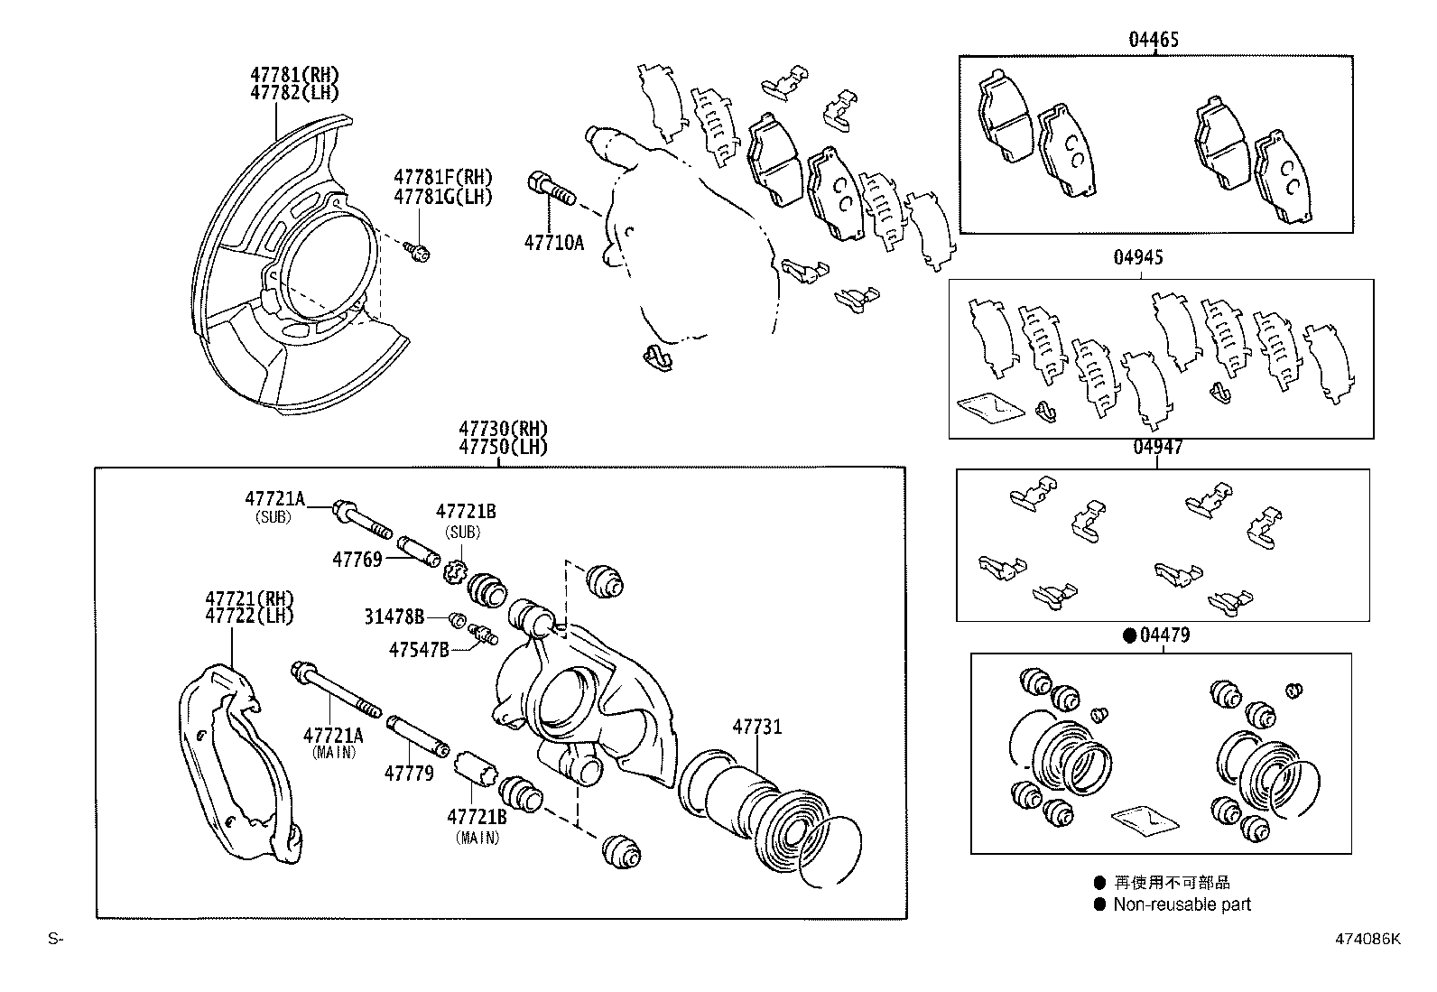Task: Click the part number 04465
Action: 1153,40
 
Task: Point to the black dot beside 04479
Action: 1128,635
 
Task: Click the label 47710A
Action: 553,242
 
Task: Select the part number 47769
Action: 357,560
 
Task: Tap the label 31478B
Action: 394,617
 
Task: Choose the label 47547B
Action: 419,649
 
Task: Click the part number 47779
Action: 408,774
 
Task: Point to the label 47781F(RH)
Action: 442,178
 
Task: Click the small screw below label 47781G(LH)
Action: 417,251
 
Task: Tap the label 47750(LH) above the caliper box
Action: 502,447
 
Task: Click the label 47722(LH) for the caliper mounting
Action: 249,616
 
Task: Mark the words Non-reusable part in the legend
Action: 1182,904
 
